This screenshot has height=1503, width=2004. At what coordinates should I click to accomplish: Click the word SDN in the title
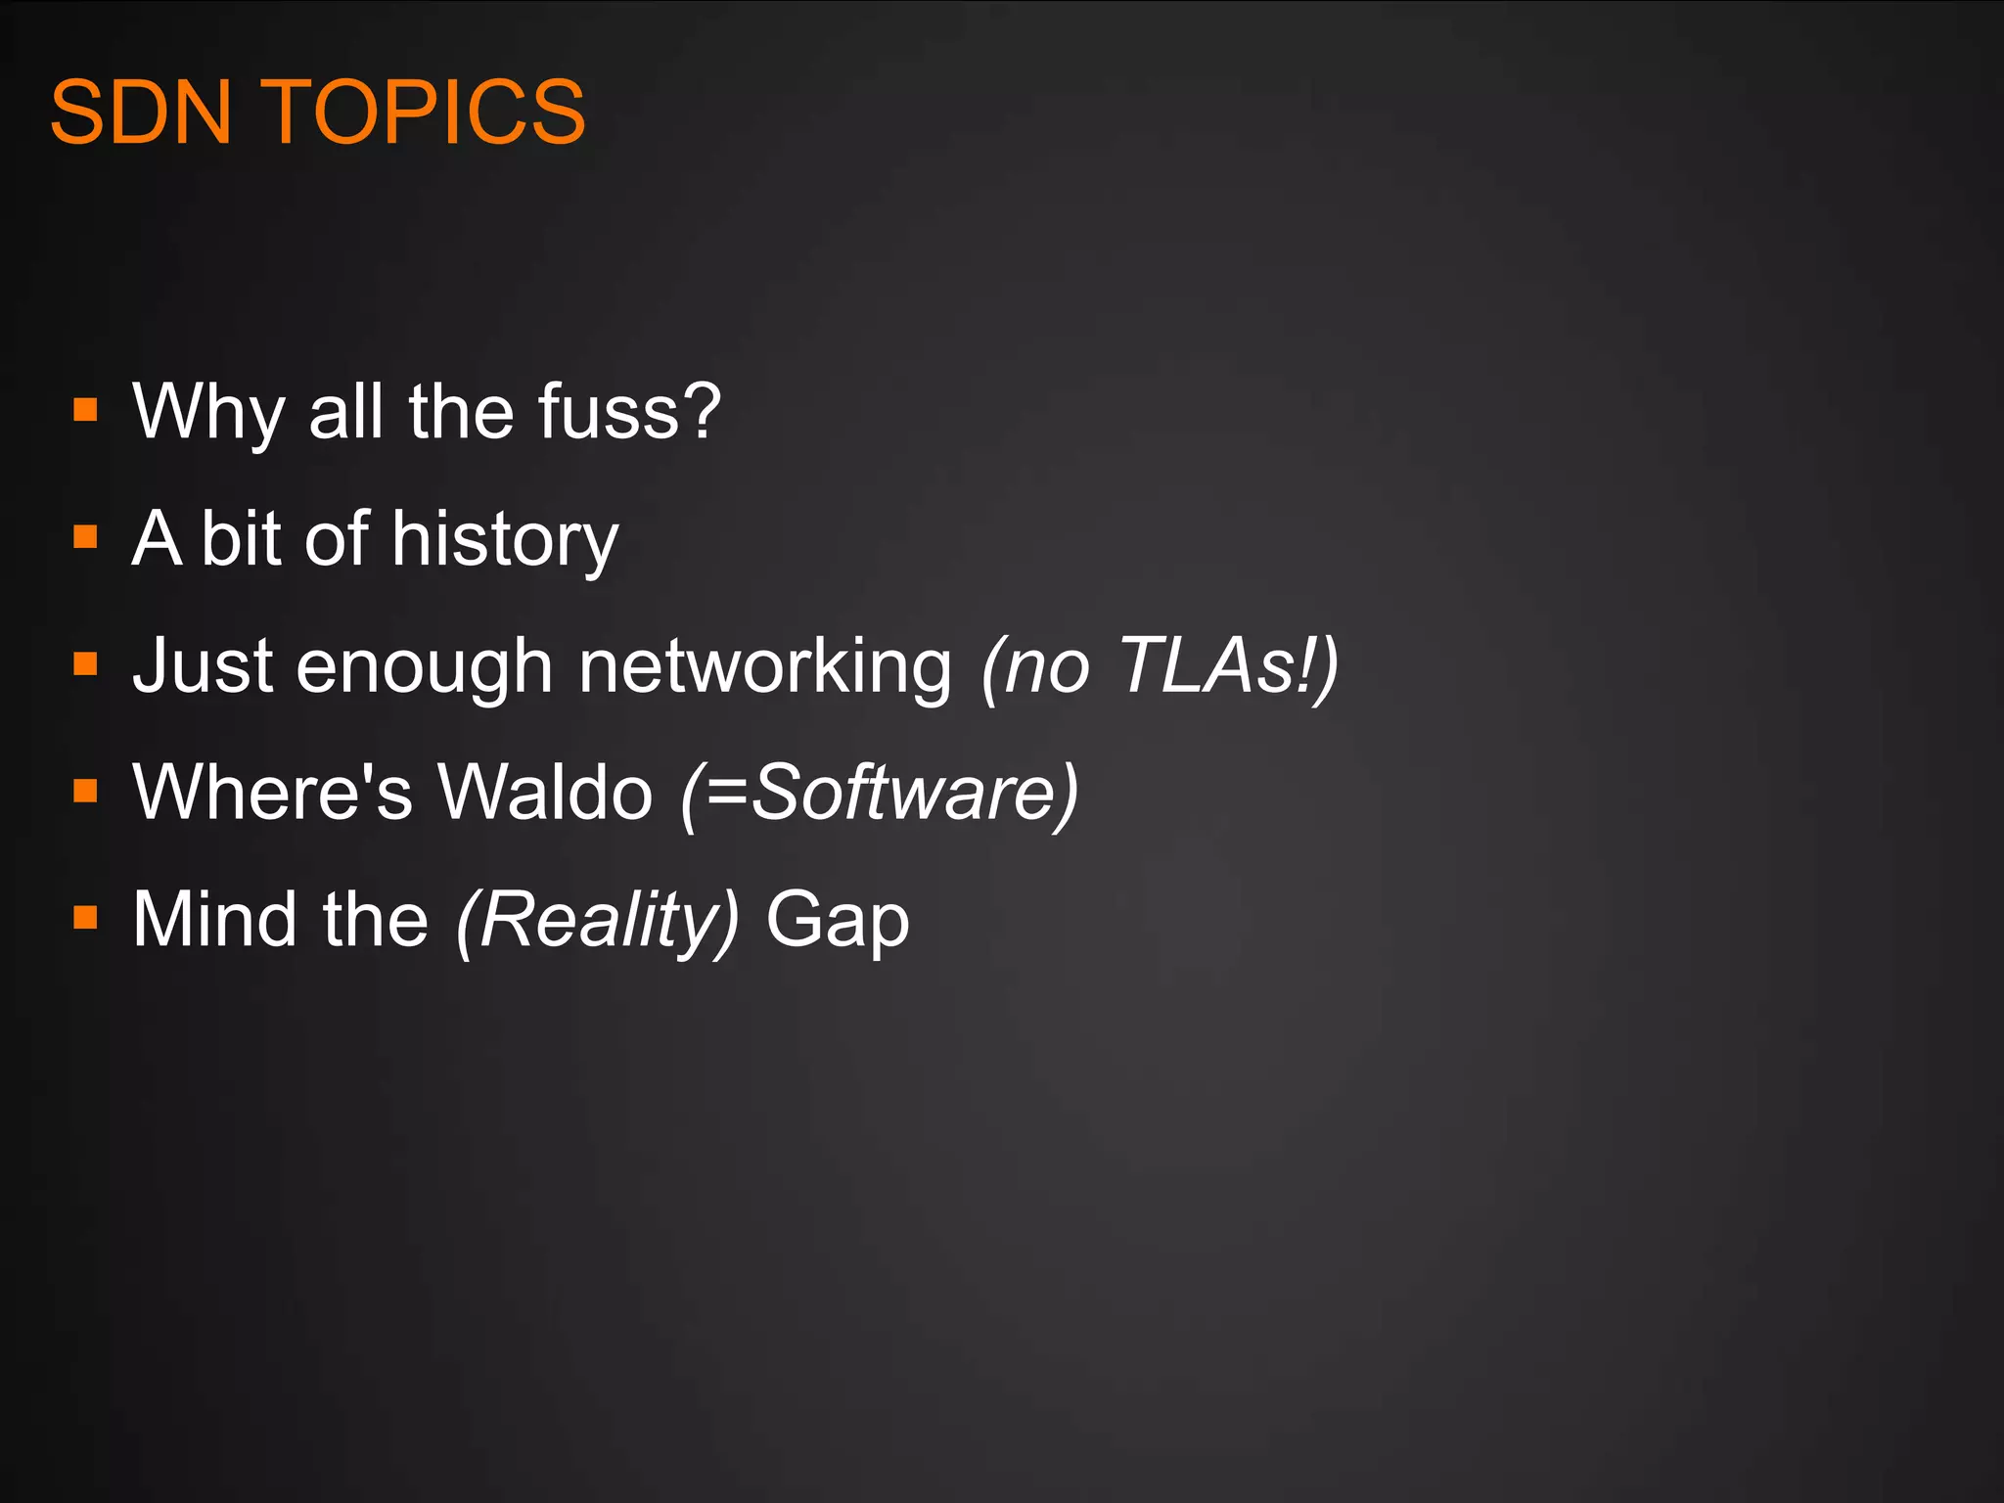[x=141, y=113]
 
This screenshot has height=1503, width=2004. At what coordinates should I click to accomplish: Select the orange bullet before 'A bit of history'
[x=86, y=536]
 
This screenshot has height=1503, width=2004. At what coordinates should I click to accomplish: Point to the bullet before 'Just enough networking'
[x=86, y=664]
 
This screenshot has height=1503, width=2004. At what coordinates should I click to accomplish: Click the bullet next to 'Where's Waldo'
[x=86, y=791]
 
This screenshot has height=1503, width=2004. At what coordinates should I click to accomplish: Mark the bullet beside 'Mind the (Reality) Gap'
[x=86, y=918]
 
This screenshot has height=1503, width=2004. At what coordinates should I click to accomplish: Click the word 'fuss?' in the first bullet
[x=629, y=411]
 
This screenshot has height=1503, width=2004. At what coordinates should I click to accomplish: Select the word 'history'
[x=505, y=539]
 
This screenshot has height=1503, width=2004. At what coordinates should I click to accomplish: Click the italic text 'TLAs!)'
[x=1227, y=665]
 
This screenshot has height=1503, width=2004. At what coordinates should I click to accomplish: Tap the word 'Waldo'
[x=544, y=792]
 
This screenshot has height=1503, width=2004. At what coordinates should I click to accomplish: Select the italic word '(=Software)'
[x=880, y=792]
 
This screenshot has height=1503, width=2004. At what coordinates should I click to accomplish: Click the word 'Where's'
[x=272, y=792]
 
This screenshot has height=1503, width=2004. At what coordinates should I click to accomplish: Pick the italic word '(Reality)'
[x=597, y=921]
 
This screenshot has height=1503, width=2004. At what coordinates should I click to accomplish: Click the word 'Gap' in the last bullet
[x=837, y=921]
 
